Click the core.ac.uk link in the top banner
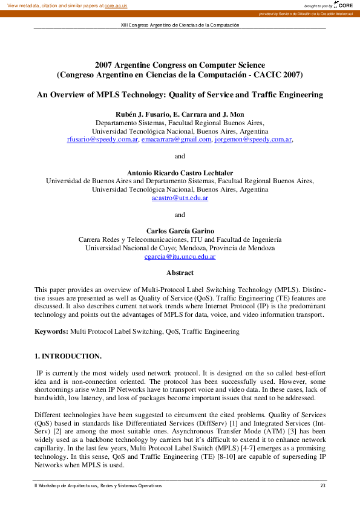point(116,5)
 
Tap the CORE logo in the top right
point(344,5)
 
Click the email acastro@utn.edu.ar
point(180,198)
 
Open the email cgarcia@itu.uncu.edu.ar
point(180,256)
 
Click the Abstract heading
point(180,273)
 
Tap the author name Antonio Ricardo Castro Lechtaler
point(180,172)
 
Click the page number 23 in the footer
point(322,485)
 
